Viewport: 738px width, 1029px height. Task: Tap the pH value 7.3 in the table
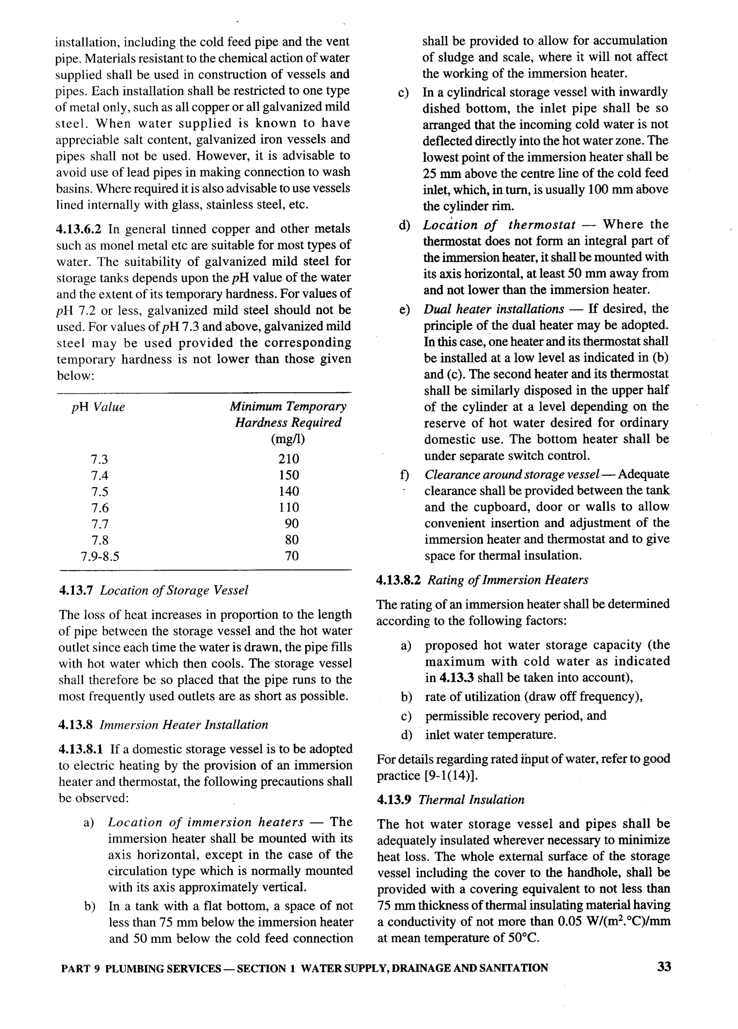point(99,460)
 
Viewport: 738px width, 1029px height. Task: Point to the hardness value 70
point(292,556)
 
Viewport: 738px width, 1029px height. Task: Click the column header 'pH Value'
point(98,407)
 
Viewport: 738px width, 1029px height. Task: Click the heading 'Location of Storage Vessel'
point(174,590)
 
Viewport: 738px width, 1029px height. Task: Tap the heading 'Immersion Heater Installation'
point(184,724)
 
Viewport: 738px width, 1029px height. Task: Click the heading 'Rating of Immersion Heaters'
point(508,580)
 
